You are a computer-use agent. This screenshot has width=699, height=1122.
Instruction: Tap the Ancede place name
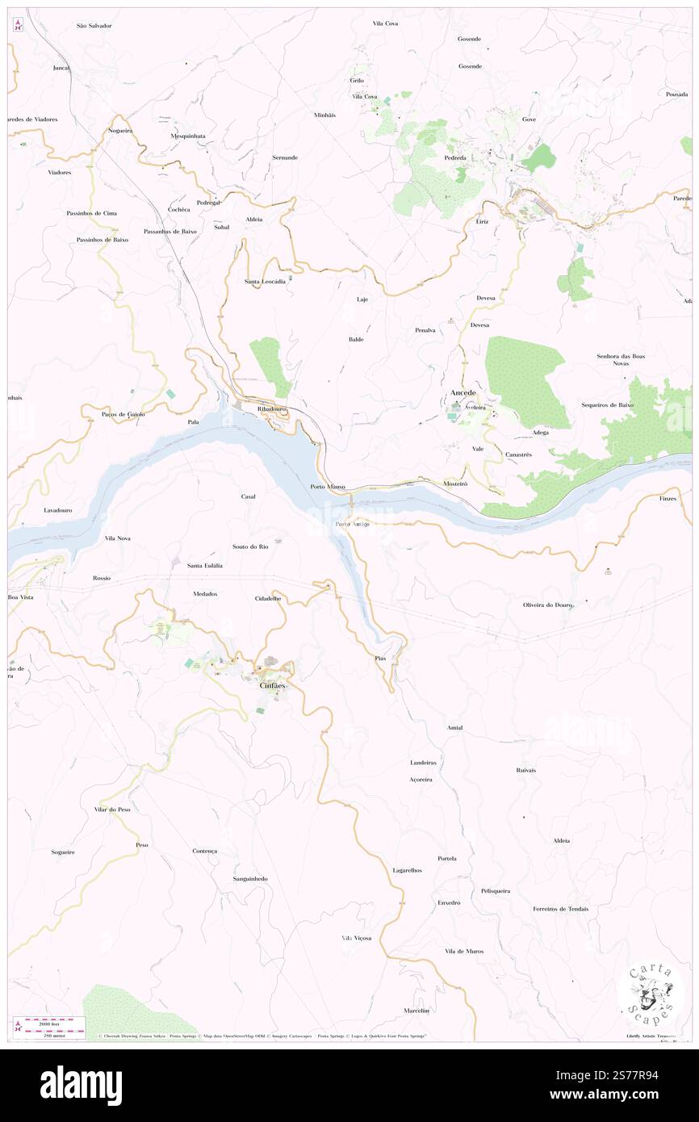point(463,392)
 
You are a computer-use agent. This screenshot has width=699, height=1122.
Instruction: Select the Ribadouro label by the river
point(273,409)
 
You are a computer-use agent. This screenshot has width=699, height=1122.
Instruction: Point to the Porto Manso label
point(328,487)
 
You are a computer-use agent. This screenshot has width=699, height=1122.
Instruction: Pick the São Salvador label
point(94,26)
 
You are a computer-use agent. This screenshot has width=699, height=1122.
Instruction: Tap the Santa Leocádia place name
point(265,282)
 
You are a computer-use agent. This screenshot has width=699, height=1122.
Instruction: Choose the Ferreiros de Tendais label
point(560,909)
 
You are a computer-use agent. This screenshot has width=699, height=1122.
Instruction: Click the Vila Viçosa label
point(356,939)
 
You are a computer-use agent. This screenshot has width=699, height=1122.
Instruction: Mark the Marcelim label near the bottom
point(416,1011)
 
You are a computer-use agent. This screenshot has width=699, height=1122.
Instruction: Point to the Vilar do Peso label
point(112,809)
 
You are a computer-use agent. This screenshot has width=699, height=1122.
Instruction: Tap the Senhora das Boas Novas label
point(621,359)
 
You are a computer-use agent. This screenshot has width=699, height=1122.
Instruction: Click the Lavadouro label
point(58,511)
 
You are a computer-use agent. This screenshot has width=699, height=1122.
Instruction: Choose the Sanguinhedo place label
point(250,878)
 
